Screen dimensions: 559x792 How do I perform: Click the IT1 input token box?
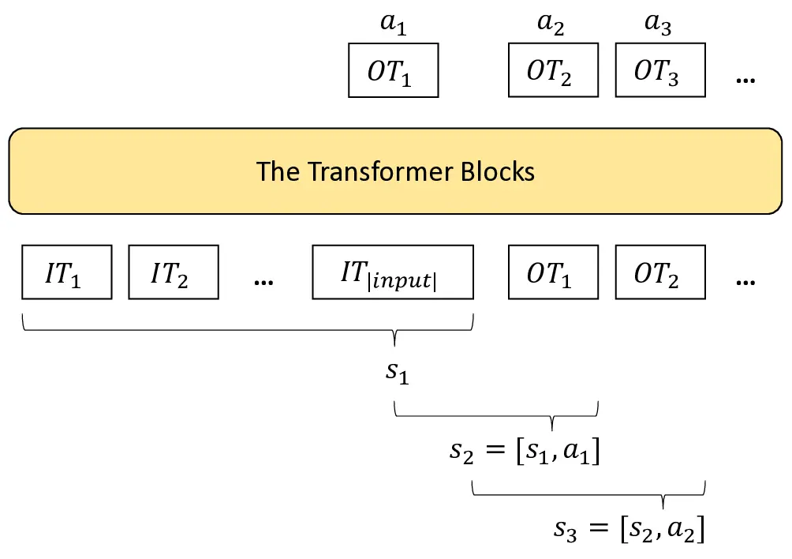pyautogui.click(x=66, y=272)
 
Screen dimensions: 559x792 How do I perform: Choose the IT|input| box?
pyautogui.click(x=393, y=272)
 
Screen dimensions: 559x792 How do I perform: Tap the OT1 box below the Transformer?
pyautogui.click(x=551, y=272)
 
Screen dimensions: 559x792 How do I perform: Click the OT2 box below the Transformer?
pyautogui.click(x=659, y=272)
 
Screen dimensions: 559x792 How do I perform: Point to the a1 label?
pyautogui.click(x=393, y=24)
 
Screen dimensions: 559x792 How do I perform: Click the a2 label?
pyautogui.click(x=551, y=24)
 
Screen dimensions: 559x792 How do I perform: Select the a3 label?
pyautogui.click(x=658, y=24)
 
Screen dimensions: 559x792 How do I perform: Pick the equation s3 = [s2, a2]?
pyautogui.click(x=629, y=527)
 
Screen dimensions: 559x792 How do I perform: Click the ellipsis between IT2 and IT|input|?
pyautogui.click(x=263, y=280)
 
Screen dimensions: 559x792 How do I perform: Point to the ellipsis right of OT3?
pyautogui.click(x=745, y=80)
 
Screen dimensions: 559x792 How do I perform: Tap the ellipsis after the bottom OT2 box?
pyautogui.click(x=745, y=280)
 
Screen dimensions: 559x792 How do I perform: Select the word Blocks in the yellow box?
pyautogui.click(x=497, y=171)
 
